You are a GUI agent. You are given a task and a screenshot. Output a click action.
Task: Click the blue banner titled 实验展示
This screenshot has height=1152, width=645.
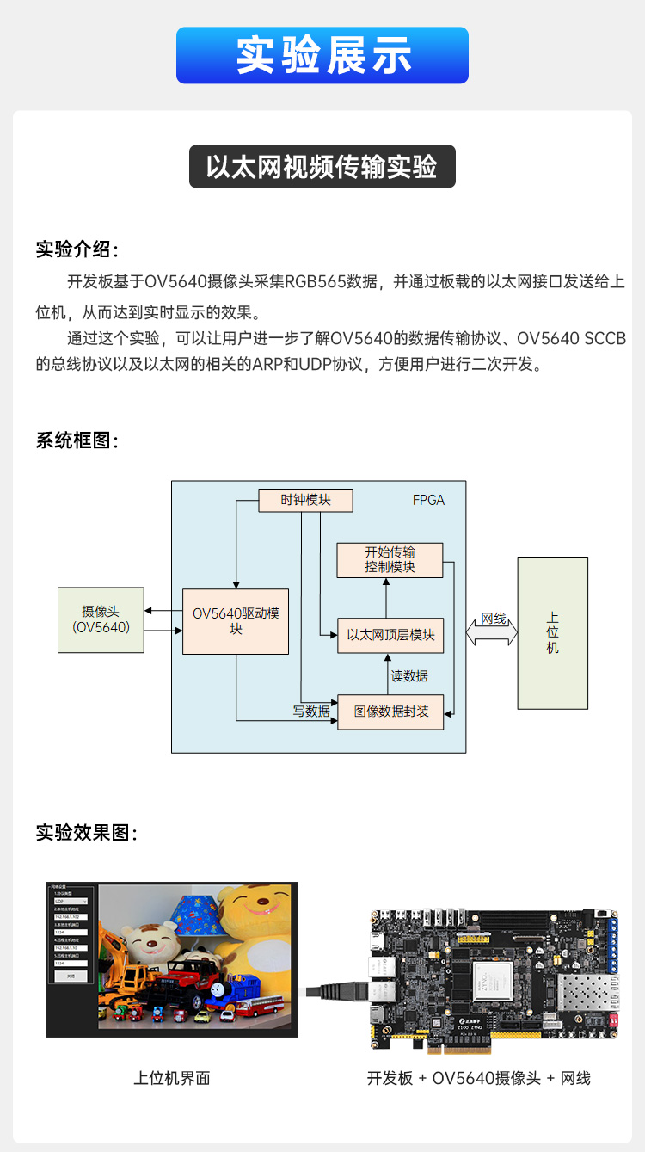point(322,55)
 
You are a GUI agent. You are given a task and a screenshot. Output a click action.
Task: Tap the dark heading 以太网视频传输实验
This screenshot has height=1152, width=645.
point(322,167)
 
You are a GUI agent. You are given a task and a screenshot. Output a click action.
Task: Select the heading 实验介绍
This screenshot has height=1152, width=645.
point(77,249)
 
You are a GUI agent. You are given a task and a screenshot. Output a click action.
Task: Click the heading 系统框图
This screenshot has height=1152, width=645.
point(77,440)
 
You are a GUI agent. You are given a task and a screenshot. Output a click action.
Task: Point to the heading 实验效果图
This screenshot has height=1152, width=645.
point(86,833)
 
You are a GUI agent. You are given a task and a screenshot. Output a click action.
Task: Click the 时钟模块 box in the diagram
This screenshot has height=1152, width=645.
point(306,500)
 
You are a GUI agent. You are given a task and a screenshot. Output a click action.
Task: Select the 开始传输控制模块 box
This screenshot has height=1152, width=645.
point(390,560)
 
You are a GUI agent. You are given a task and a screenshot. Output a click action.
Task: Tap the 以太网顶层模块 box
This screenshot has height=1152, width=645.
point(390,636)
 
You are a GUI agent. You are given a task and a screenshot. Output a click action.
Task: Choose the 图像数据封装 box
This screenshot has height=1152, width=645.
point(390,712)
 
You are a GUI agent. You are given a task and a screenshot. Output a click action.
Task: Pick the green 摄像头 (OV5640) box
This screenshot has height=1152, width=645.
point(101,619)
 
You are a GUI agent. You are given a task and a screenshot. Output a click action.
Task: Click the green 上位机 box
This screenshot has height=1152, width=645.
point(552,632)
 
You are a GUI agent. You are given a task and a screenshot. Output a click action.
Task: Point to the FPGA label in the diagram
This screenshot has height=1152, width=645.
point(428,500)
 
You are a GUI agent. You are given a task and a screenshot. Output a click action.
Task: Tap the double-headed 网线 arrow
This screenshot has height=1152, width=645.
point(492,632)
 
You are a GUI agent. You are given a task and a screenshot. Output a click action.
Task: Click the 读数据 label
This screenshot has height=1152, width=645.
point(409,676)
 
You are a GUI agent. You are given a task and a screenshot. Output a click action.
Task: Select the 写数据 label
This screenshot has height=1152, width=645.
point(311,712)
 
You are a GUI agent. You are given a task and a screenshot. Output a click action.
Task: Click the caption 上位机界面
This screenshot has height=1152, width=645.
point(172,1078)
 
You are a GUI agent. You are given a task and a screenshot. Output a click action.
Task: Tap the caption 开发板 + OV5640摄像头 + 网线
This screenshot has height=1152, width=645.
point(478,1078)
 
